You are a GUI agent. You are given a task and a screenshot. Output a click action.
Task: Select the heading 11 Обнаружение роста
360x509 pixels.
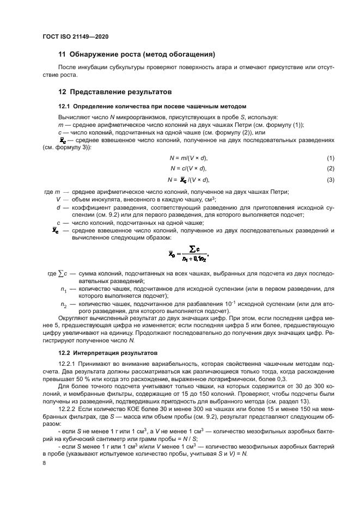pyautogui.click(x=137, y=54)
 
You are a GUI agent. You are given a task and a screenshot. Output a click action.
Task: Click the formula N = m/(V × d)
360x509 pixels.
pyautogui.click(x=189, y=158)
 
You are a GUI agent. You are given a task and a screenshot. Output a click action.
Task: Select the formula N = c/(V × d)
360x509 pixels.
pyautogui.click(x=189, y=168)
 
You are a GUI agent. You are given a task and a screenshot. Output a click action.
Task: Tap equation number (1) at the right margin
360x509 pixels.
pyautogui.click(x=330, y=158)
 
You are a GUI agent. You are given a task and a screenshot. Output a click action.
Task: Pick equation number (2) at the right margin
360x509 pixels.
pyautogui.click(x=330, y=168)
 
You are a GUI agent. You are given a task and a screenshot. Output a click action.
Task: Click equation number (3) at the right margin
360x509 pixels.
pyautogui.click(x=330, y=180)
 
